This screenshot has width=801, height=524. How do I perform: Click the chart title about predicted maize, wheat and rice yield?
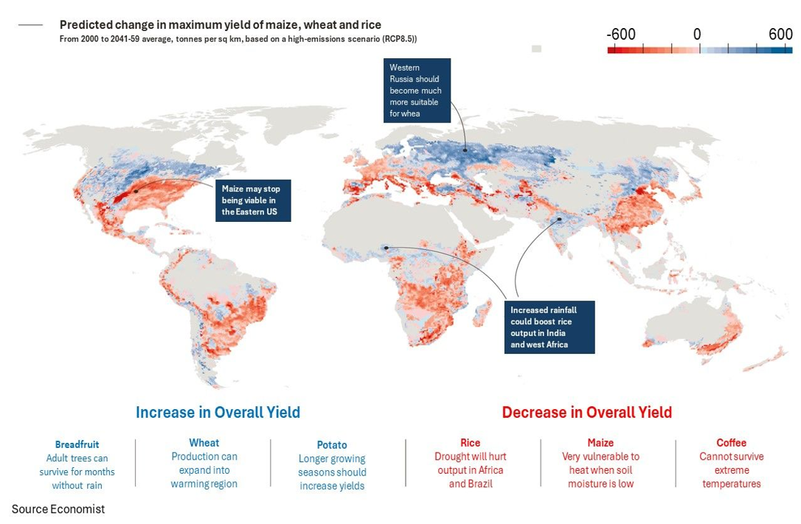[x=221, y=25]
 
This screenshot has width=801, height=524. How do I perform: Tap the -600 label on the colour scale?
[x=620, y=35]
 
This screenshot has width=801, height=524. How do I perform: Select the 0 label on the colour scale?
[x=697, y=35]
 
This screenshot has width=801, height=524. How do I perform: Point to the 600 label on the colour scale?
[x=780, y=35]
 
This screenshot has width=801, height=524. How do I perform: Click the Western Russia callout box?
[x=417, y=90]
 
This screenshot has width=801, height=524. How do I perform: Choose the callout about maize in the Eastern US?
[x=251, y=200]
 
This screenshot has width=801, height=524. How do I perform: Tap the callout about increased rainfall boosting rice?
[x=550, y=326]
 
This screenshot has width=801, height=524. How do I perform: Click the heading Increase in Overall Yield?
[x=218, y=412]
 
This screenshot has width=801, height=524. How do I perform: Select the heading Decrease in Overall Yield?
[x=587, y=412]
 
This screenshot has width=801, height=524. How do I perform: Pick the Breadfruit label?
[x=77, y=444]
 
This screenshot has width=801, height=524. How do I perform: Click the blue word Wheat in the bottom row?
[x=204, y=443]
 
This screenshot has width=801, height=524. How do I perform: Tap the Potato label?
[x=332, y=444]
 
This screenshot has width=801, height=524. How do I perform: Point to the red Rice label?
[x=470, y=443]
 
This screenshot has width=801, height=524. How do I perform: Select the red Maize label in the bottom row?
[x=600, y=443]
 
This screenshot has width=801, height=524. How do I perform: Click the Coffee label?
[x=731, y=443]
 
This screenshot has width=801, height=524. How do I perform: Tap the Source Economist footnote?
[x=58, y=509]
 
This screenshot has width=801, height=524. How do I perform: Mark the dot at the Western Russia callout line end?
[x=465, y=150]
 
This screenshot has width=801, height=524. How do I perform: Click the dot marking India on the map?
[x=560, y=219]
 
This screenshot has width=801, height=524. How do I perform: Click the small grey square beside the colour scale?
[x=536, y=49]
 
